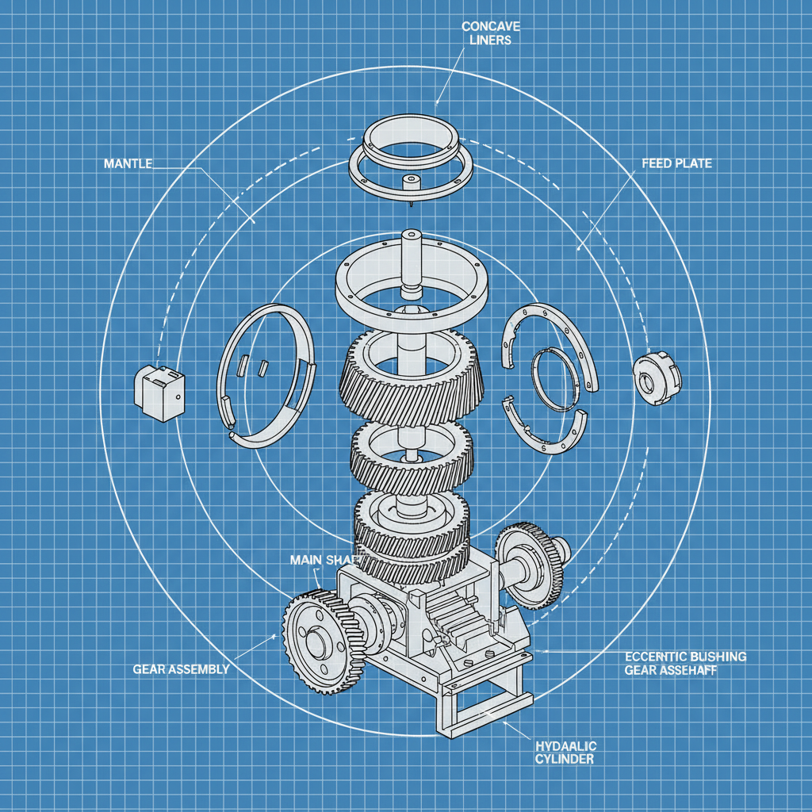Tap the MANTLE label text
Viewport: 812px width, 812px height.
point(127,163)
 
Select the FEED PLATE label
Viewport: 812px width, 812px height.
point(676,163)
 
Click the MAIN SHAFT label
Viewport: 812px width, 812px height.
point(316,560)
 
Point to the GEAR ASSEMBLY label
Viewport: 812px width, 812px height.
point(181,668)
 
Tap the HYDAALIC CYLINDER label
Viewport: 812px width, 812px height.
point(566,753)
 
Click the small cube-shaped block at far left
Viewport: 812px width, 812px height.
point(159,392)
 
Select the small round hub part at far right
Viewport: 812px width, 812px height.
point(656,380)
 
